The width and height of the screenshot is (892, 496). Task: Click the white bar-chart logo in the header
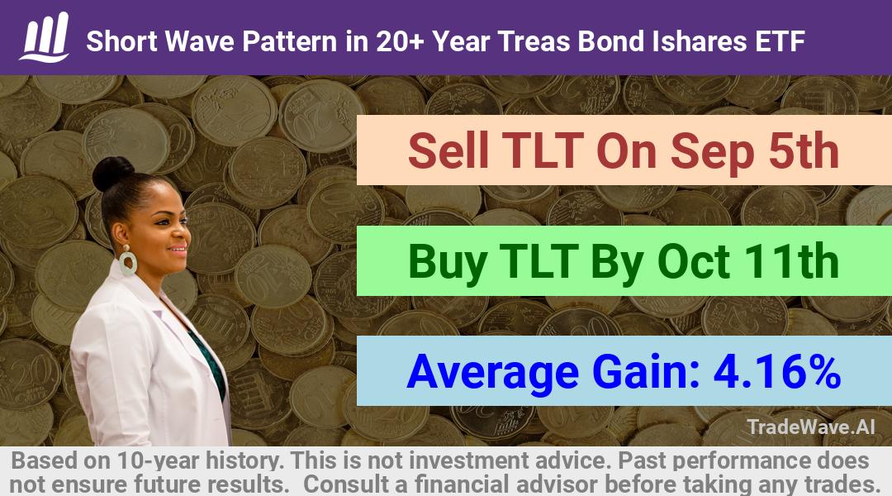click(45, 37)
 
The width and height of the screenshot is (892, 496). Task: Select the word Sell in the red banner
click(448, 150)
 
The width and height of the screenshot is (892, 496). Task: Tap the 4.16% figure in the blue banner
click(777, 371)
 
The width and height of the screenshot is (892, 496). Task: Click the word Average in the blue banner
click(492, 373)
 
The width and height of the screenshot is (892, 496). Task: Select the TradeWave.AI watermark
click(811, 427)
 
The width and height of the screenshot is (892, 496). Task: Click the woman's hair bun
click(112, 173)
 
